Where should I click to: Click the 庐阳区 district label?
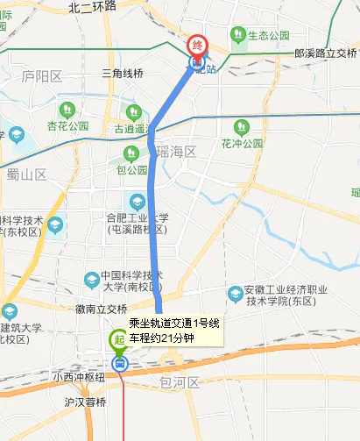42,76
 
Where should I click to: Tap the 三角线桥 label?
123,72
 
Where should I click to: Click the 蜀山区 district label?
26,174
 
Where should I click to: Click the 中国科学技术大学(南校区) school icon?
92,280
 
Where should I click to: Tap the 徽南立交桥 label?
102,309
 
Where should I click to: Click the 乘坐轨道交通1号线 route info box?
174,330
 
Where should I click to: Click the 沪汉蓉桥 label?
84,402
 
